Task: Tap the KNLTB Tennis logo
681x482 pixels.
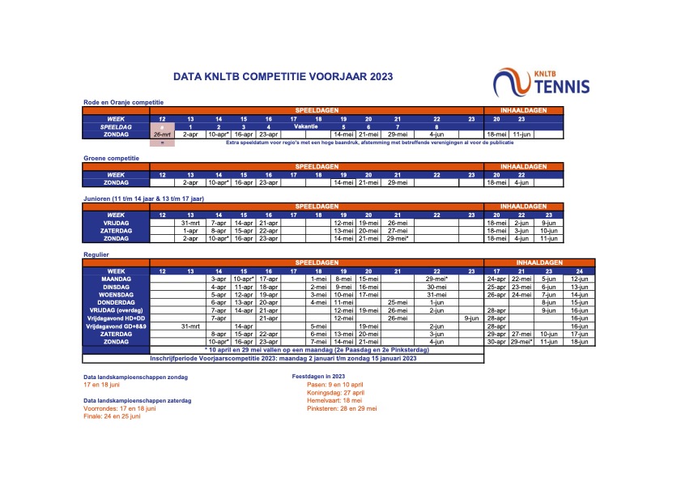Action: coord(542,81)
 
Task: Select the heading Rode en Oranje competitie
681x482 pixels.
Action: coord(124,101)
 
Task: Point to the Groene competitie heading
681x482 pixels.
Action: coord(113,158)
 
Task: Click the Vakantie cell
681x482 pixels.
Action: coord(305,127)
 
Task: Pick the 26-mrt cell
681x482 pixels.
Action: coord(162,134)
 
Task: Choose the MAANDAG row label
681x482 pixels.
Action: coord(117,279)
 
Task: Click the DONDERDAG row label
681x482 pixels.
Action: coord(117,302)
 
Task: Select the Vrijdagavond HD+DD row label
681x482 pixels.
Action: coord(117,318)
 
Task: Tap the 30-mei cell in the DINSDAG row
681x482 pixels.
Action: coord(436,287)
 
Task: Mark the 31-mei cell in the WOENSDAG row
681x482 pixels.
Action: coord(436,295)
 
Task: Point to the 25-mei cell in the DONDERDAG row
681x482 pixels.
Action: coord(397,302)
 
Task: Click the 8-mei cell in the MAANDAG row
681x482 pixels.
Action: coord(343,279)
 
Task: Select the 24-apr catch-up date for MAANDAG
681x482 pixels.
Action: coord(496,279)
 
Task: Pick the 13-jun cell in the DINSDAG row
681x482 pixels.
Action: coord(578,287)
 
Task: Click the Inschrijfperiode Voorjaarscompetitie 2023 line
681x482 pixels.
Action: coord(283,358)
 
